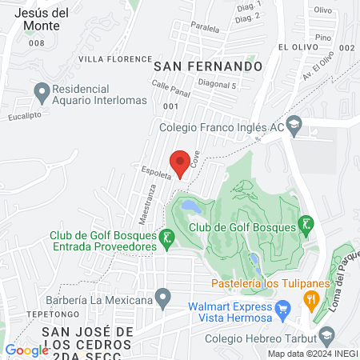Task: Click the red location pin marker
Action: (181, 162)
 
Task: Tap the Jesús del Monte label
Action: (35, 19)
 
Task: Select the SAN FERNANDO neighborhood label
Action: (208, 66)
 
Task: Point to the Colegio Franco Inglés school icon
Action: (294, 124)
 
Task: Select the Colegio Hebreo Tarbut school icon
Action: (326, 334)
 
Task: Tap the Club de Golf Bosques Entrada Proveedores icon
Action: (166, 238)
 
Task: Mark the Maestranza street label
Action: (128, 205)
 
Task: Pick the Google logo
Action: (26, 350)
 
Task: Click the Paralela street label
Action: (205, 27)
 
